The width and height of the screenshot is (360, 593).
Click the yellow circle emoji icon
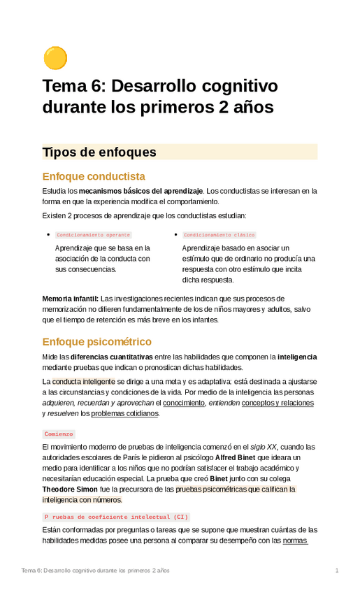click(55, 58)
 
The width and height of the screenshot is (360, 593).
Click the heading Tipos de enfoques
click(99, 152)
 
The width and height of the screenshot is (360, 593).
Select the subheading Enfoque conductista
click(94, 176)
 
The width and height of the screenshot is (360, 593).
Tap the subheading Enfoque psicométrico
click(96, 342)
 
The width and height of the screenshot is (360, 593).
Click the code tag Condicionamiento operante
click(93, 235)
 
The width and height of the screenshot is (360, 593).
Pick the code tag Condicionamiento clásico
click(219, 235)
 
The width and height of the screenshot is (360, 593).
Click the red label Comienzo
click(59, 434)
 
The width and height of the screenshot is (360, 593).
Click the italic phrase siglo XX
click(263, 447)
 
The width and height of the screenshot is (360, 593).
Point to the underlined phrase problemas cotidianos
click(124, 413)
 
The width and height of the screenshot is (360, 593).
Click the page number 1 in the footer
click(336, 571)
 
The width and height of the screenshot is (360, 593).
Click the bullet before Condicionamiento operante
click(48, 235)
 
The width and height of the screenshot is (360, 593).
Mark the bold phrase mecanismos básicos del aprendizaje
click(141, 190)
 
